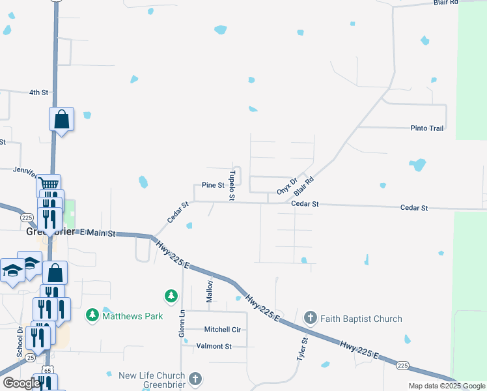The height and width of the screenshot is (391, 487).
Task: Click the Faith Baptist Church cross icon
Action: click(310, 318)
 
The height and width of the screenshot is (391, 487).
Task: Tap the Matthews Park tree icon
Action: click(92, 315)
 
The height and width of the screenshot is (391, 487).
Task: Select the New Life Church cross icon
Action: click(195, 379)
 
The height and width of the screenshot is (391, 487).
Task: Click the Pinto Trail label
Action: click(426, 128)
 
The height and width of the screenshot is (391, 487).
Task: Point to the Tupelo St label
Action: click(232, 186)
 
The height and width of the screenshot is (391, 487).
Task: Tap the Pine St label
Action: click(213, 185)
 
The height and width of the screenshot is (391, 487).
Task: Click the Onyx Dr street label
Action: click(286, 186)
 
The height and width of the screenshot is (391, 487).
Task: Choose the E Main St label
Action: click(97, 233)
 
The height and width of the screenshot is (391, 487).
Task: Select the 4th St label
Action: click(38, 93)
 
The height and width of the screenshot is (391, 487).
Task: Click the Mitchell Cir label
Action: click(222, 330)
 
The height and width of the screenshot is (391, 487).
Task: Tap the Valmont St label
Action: click(210, 347)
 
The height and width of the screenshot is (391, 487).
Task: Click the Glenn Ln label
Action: click(182, 323)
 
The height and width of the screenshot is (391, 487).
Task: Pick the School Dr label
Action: click(20, 341)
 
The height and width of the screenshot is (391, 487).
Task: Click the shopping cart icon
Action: click(48, 184)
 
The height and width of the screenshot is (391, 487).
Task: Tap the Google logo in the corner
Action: click(21, 383)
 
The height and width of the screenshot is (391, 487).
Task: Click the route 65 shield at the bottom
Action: click(48, 370)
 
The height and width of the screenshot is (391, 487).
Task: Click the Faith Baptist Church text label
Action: click(361, 319)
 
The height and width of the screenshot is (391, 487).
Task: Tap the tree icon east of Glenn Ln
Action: click(171, 297)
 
